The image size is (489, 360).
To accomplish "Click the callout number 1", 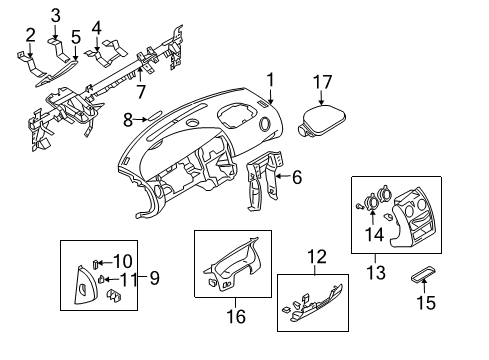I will click(268, 78).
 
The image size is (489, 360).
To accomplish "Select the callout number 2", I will click(30, 36).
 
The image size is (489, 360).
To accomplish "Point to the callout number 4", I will click(96, 26).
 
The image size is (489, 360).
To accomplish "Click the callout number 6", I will click(296, 178).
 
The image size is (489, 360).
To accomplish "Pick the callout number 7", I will click(141, 92).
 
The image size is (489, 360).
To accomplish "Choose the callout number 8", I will click(128, 121).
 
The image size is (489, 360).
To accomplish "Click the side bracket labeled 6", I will click(262, 185).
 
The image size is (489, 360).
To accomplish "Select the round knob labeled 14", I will click(374, 202).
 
